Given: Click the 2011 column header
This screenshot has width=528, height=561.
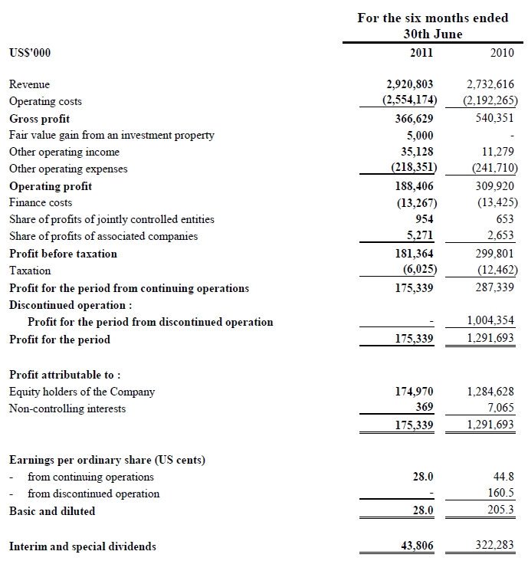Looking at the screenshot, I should (x=421, y=53).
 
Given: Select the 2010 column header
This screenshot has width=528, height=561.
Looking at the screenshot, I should (x=502, y=53).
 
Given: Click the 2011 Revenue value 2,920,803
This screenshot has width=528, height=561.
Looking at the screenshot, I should (x=409, y=84).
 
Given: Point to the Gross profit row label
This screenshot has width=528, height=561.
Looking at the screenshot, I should (x=39, y=119).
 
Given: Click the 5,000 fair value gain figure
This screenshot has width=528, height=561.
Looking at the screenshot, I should (x=420, y=135).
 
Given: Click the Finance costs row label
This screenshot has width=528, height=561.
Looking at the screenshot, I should (x=41, y=203).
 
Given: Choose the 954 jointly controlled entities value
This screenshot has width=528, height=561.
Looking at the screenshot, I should (x=424, y=219).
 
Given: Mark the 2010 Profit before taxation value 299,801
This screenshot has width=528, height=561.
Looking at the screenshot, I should (x=495, y=254).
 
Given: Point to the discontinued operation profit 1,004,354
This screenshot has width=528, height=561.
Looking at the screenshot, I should (x=490, y=322).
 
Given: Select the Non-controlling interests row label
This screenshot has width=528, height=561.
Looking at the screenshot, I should (x=67, y=408).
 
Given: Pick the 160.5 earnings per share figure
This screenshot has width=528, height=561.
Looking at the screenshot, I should (x=501, y=494).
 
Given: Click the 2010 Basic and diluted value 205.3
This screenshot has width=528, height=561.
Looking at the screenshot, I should (x=501, y=511).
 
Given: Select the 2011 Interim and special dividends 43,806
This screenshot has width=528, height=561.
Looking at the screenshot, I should (x=417, y=546).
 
